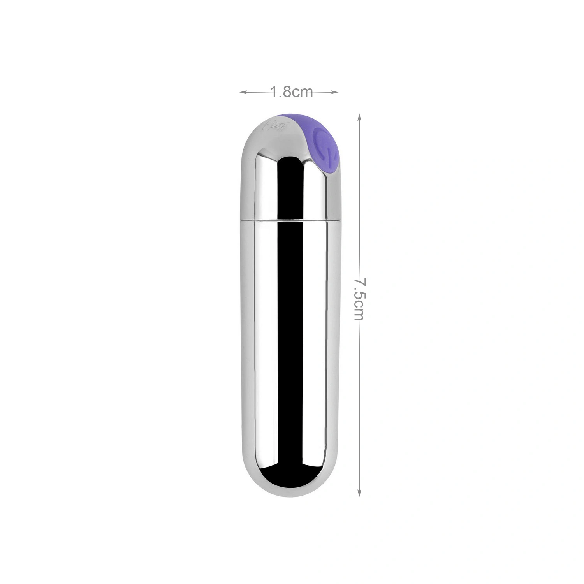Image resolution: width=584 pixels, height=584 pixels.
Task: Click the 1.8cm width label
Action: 292,92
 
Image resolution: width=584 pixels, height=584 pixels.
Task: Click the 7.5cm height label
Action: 359,299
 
